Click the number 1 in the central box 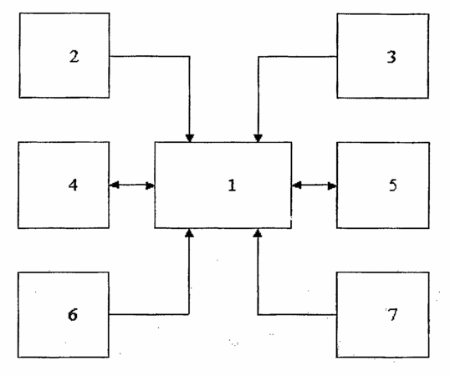pos(232,185)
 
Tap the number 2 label pos(74,56)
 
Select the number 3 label pos(391,57)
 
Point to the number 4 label pos(73,185)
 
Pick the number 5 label pos(393,185)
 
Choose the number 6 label pos(73,314)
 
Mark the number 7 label pos(392,314)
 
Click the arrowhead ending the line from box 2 pos(189,138)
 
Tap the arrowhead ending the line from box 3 pos(258,138)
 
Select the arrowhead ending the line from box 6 pos(189,233)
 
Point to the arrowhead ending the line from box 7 pos(258,233)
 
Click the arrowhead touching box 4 pos(115,185)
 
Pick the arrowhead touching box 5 pos(332,185)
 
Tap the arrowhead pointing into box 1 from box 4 pos(151,185)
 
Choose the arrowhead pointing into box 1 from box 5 pos(297,185)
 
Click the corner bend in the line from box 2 pos(189,57)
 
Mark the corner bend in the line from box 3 pos(258,57)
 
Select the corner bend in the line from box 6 pos(189,314)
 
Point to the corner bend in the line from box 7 pos(258,315)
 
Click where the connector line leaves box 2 pos(110,56)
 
